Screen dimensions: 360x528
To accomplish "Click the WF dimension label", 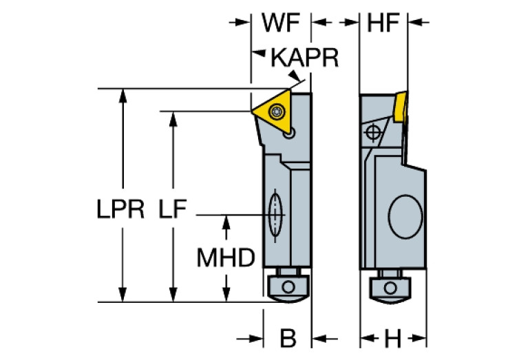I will pyautogui.click(x=281, y=23).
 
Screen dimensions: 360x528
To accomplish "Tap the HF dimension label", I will pyautogui.click(x=383, y=23).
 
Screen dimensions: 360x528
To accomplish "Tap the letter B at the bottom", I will pyautogui.click(x=288, y=338).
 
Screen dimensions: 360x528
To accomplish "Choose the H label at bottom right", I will pyautogui.click(x=392, y=338).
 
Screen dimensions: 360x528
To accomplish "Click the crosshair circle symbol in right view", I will pyautogui.click(x=373, y=131).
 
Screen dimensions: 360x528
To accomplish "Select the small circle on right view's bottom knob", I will pyautogui.click(x=391, y=286).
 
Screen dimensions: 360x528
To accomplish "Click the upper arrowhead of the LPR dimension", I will pyautogui.click(x=123, y=94).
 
